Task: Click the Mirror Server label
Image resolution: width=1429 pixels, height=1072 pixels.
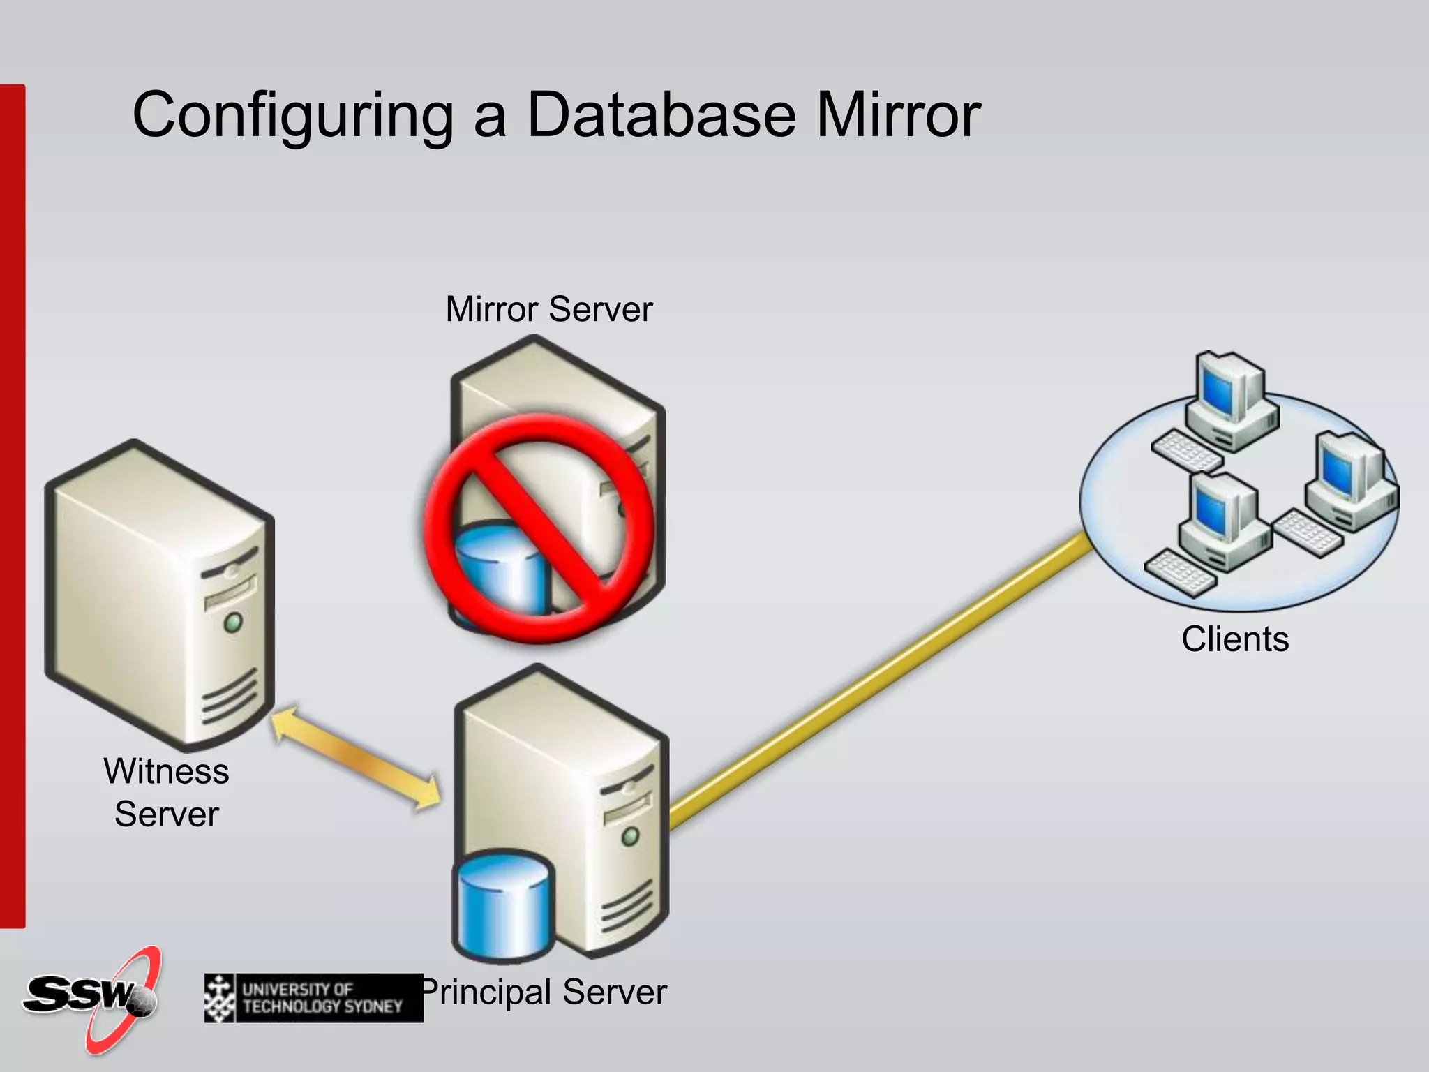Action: point(548,309)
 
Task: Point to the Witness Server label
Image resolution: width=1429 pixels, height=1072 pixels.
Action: point(166,793)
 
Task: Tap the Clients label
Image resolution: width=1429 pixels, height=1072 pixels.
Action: point(1234,639)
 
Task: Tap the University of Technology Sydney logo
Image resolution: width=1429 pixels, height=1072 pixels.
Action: point(313,998)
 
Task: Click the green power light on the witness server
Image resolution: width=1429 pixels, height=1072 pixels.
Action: point(233,620)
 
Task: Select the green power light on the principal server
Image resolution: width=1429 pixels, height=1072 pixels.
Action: point(630,835)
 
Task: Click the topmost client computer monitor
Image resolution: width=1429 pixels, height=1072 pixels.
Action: point(1218,388)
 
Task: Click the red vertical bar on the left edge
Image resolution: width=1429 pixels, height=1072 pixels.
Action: point(12,506)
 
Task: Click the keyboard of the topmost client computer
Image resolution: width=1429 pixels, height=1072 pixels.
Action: point(1186,450)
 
